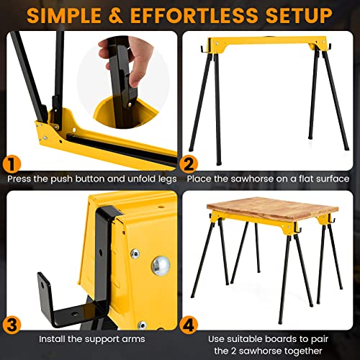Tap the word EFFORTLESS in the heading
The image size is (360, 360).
coord(197,14)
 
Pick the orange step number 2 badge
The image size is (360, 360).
coord(189,164)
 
